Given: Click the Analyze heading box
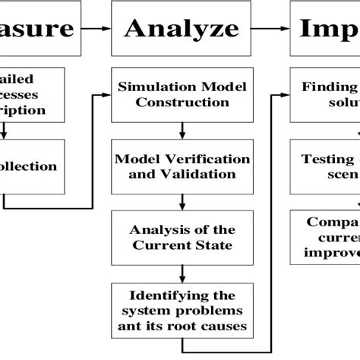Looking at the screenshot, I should (x=181, y=29).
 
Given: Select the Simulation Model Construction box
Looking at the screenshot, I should (x=182, y=94).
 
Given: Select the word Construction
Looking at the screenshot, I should (x=182, y=102).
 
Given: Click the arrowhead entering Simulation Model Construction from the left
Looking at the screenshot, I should (x=107, y=94).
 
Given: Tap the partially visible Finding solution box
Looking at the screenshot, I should (x=327, y=94).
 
